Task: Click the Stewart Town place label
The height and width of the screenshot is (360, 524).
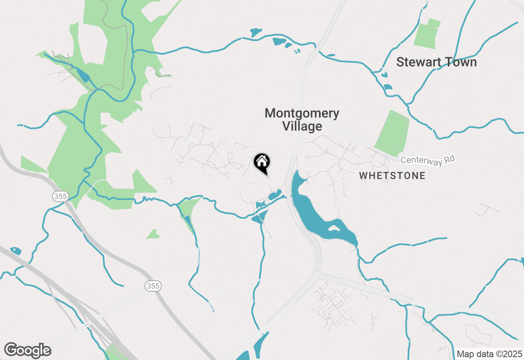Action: (436, 62)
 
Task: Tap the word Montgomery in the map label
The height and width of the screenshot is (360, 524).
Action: (302, 113)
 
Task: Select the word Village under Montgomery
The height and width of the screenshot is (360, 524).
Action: (302, 126)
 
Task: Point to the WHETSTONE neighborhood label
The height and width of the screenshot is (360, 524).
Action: (392, 176)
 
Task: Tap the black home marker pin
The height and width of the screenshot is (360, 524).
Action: (262, 163)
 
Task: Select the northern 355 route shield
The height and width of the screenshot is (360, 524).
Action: (60, 196)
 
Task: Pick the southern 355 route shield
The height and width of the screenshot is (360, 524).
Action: (153, 286)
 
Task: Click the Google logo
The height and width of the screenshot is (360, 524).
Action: (27, 351)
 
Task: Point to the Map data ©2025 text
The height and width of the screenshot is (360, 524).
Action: (489, 354)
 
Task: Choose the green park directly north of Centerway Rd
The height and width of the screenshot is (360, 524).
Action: (392, 133)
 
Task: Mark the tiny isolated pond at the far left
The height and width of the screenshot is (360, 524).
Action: (16, 250)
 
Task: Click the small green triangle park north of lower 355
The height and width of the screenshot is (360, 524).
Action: (153, 234)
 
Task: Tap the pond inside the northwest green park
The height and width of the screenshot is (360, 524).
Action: (83, 75)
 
